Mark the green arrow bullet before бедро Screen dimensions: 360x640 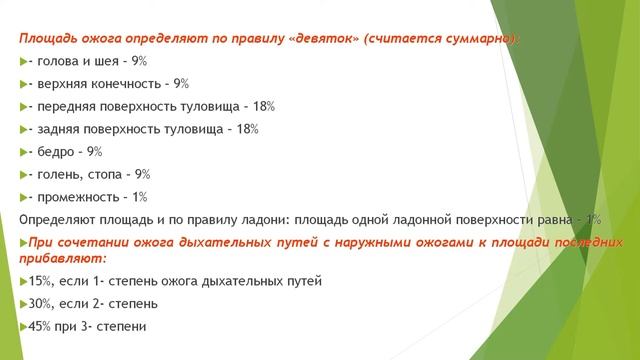(x=24, y=152)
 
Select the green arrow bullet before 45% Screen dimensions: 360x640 (x=24, y=327)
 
